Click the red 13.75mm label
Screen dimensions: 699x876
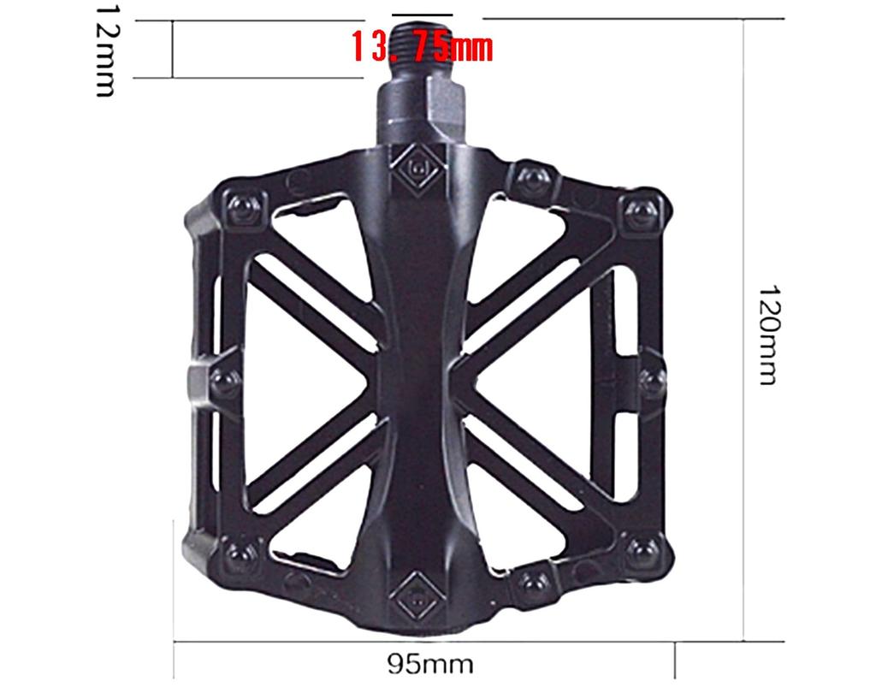(x=422, y=47)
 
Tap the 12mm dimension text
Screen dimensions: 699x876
(x=106, y=49)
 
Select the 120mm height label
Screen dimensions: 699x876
(x=767, y=335)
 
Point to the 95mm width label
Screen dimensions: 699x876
(x=429, y=664)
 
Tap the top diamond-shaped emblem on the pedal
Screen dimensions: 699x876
(x=420, y=168)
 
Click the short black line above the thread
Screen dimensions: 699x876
(x=422, y=15)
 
